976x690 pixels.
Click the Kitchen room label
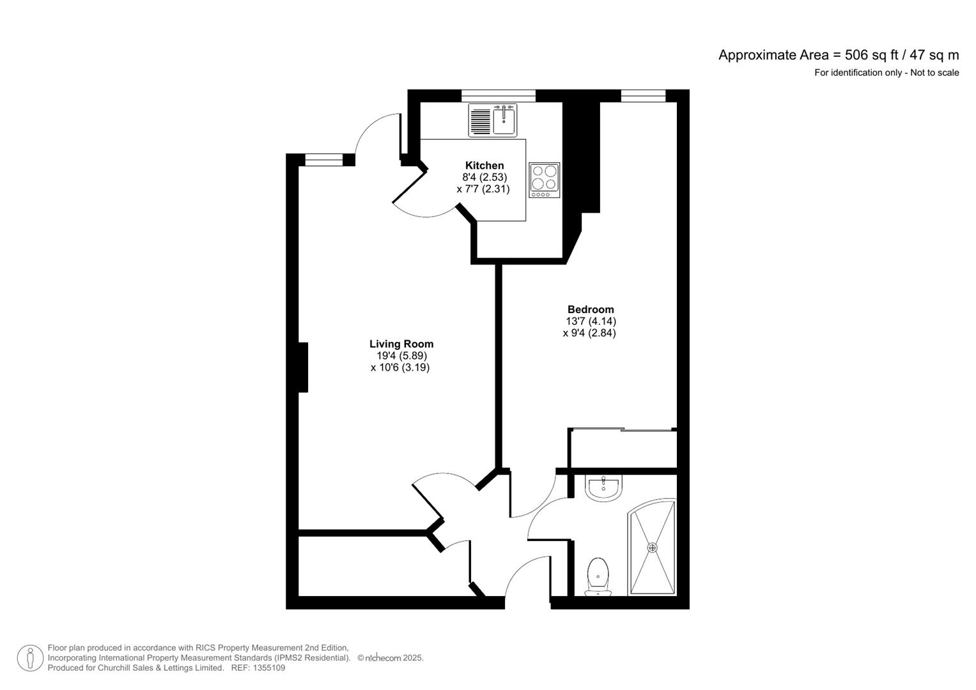tap(484, 165)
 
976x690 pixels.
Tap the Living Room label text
tap(401, 344)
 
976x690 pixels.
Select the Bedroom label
tap(590, 309)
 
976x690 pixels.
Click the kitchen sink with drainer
tap(492, 120)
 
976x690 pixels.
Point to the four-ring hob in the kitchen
tap(544, 180)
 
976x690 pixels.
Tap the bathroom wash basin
tap(602, 488)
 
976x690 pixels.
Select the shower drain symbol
tap(652, 548)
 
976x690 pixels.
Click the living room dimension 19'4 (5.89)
tap(401, 356)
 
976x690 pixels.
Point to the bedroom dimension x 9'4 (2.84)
tap(589, 333)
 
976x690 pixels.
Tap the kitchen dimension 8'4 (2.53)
tap(484, 177)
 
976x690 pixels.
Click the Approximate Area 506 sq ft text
tap(838, 55)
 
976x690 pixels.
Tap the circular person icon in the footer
tap(30, 658)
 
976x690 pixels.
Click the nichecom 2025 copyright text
tap(391, 658)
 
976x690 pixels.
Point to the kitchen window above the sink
tap(498, 95)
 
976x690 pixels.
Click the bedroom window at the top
tap(643, 95)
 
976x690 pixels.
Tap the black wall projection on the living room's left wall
tap(303, 367)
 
